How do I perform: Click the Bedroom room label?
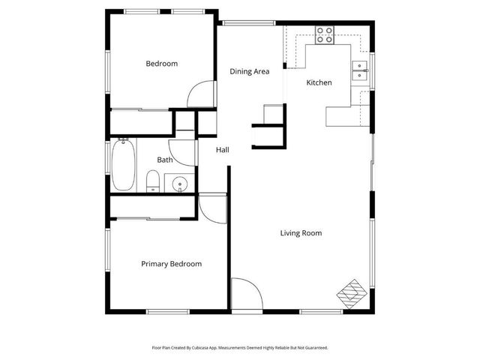161,64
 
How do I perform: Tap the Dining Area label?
249,72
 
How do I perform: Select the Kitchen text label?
319,82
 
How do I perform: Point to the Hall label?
223,150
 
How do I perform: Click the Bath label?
165,160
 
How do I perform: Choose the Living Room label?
301,233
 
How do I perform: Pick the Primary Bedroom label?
172,264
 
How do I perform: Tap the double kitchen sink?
361,70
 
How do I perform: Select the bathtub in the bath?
124,166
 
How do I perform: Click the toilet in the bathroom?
152,181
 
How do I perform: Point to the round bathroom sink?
179,184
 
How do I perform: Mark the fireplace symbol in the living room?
352,292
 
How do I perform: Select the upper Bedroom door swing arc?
200,94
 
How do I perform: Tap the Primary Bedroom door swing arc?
213,207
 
